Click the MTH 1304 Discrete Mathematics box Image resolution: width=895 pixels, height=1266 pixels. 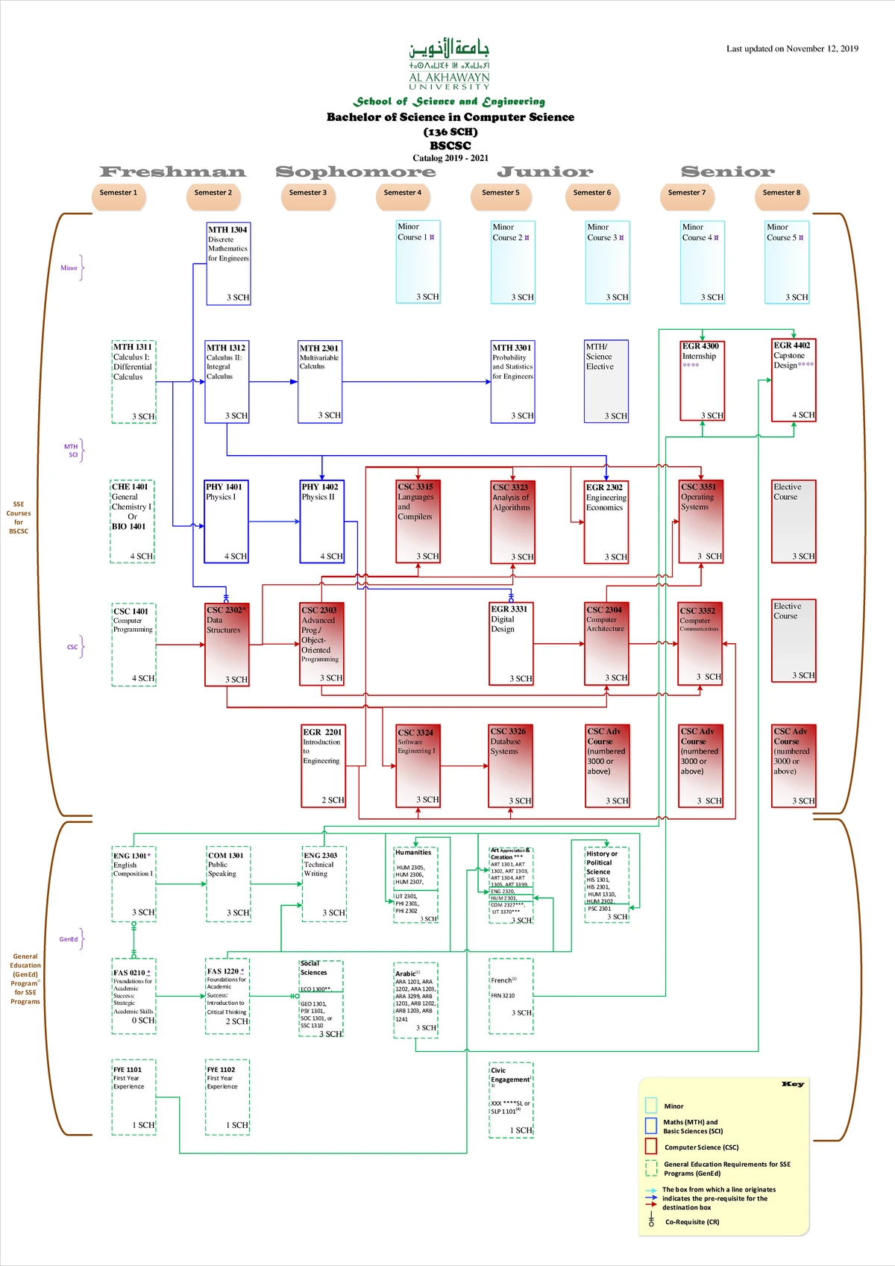pyautogui.click(x=228, y=263)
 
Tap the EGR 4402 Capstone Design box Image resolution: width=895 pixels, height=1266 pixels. pyautogui.click(x=794, y=380)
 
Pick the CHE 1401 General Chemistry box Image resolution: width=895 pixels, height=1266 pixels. pyautogui.click(x=132, y=521)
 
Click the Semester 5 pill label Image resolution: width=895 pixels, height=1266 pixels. pyautogui.click(x=500, y=193)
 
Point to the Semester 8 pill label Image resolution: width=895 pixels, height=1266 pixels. pyautogui.click(x=781, y=193)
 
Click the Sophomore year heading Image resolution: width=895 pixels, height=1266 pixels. pyautogui.click(x=355, y=172)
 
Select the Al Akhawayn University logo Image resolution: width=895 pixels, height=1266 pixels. pyautogui.click(x=449, y=64)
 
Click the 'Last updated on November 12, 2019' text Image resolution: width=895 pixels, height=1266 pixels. pyautogui.click(x=792, y=49)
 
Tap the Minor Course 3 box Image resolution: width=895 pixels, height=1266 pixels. pyautogui.click(x=607, y=262)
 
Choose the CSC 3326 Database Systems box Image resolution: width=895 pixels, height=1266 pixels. pyautogui.click(x=511, y=765)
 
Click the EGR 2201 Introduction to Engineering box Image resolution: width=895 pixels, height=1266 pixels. pyautogui.click(x=323, y=765)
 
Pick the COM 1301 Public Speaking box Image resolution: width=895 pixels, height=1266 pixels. pyautogui.click(x=228, y=884)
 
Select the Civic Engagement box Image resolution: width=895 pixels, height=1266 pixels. pyautogui.click(x=511, y=1100)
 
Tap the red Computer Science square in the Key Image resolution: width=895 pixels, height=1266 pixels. pyautogui.click(x=650, y=1146)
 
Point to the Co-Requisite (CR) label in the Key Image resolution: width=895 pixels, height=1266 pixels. pyautogui.click(x=692, y=1222)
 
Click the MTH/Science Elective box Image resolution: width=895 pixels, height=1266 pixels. pyautogui.click(x=606, y=380)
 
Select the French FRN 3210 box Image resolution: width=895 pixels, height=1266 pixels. pyautogui.click(x=511, y=996)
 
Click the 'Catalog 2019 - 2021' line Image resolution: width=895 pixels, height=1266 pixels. pyautogui.click(x=450, y=158)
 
